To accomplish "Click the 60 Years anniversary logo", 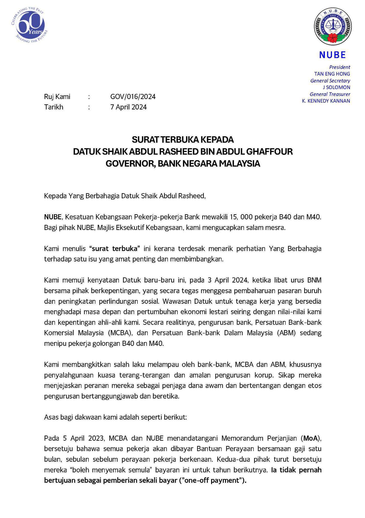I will click(30, 26).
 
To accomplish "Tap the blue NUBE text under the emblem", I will click(332, 55).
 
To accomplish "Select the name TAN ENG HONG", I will click(332, 74).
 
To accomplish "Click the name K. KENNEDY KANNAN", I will click(326, 101).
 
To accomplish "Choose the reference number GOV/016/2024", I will click(133, 97).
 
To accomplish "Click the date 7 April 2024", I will click(128, 107).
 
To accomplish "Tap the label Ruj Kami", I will click(57, 97).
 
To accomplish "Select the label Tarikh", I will click(54, 107).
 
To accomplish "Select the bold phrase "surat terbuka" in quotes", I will click(115, 249).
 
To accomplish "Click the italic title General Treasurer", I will click(330, 94).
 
